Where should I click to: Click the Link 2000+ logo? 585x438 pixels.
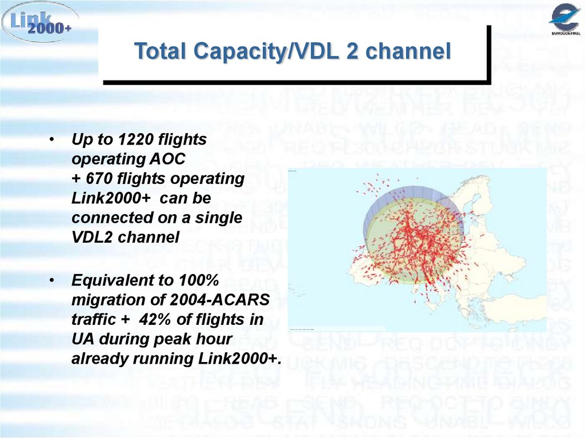pos(39,22)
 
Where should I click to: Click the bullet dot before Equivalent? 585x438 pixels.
pos(52,282)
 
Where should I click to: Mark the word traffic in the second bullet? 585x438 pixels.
pos(91,320)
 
